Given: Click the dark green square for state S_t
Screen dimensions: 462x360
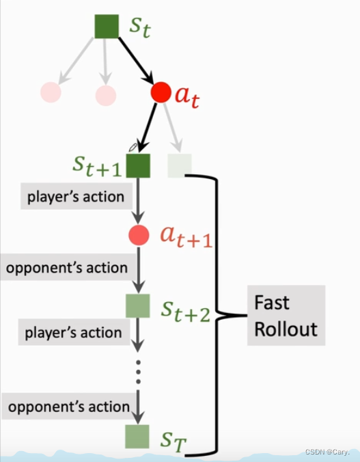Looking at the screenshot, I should coord(107,27).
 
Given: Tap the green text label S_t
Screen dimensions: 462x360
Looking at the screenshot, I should coord(141,28).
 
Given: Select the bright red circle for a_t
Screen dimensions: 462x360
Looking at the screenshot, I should coord(161,94).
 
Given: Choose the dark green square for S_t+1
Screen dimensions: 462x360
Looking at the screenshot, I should coord(138,165).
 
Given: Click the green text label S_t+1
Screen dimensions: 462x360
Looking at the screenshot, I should coord(98,165).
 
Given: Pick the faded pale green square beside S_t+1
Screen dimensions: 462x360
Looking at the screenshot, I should coord(180,165).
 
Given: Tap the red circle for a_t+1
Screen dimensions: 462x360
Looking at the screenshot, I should coord(138,235).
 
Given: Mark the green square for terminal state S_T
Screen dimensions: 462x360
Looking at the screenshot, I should coord(137,435).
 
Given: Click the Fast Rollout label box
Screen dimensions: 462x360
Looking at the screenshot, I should coord(286,316).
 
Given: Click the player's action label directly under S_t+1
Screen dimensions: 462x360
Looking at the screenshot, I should coord(76,198).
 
